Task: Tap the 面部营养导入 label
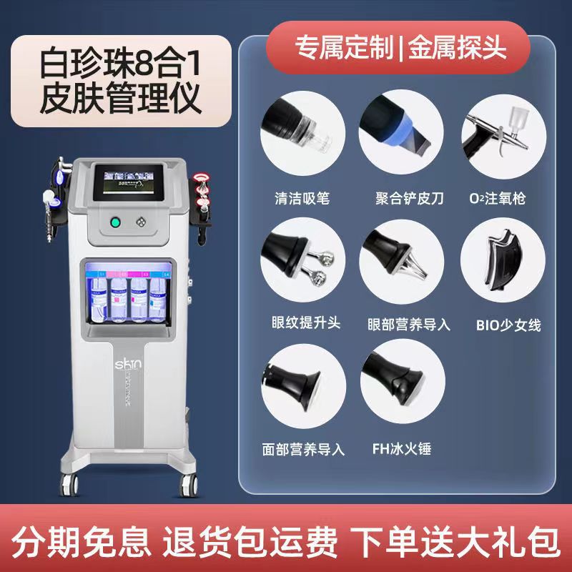tap(303, 450)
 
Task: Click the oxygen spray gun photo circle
tap(498, 132)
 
